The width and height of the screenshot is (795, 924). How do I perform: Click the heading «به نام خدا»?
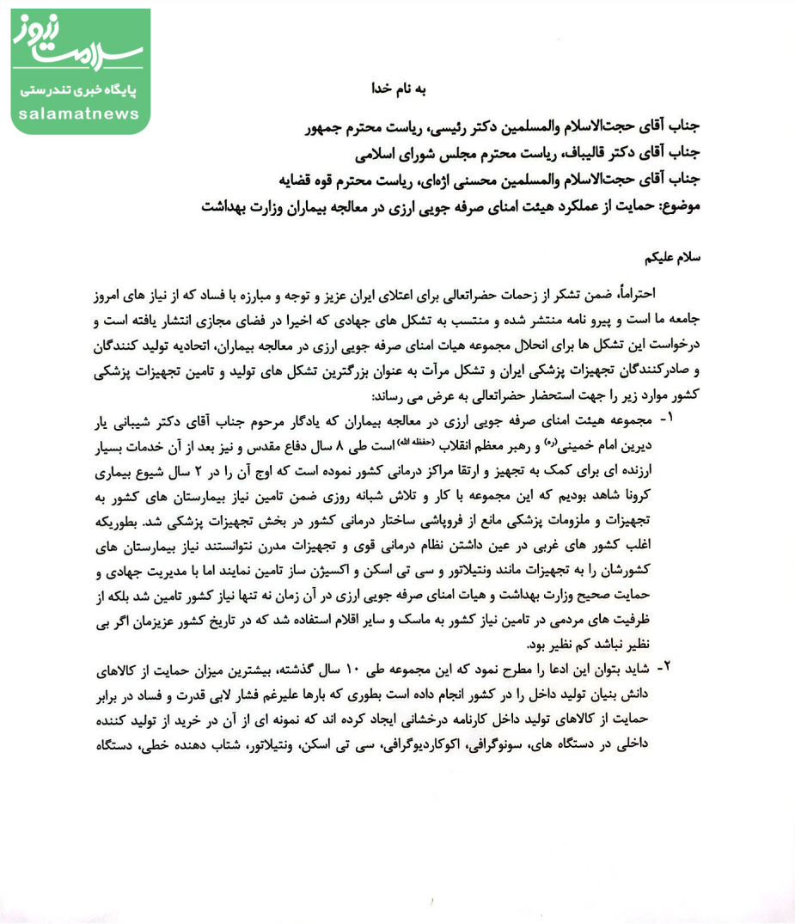tap(396, 89)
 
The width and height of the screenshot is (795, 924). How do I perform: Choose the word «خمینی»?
tap(582, 447)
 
